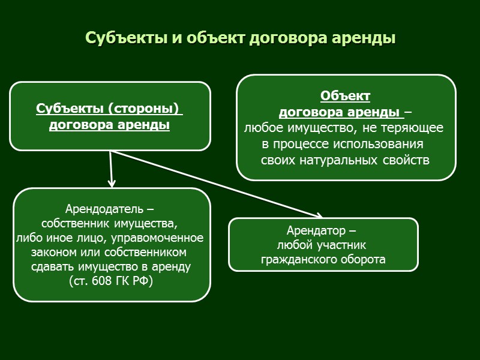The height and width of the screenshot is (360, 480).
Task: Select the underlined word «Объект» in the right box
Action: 345,96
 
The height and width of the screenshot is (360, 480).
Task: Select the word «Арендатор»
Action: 316,231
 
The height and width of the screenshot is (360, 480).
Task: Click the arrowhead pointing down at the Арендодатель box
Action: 112,183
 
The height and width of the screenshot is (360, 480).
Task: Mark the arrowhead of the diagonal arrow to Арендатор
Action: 319,215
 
